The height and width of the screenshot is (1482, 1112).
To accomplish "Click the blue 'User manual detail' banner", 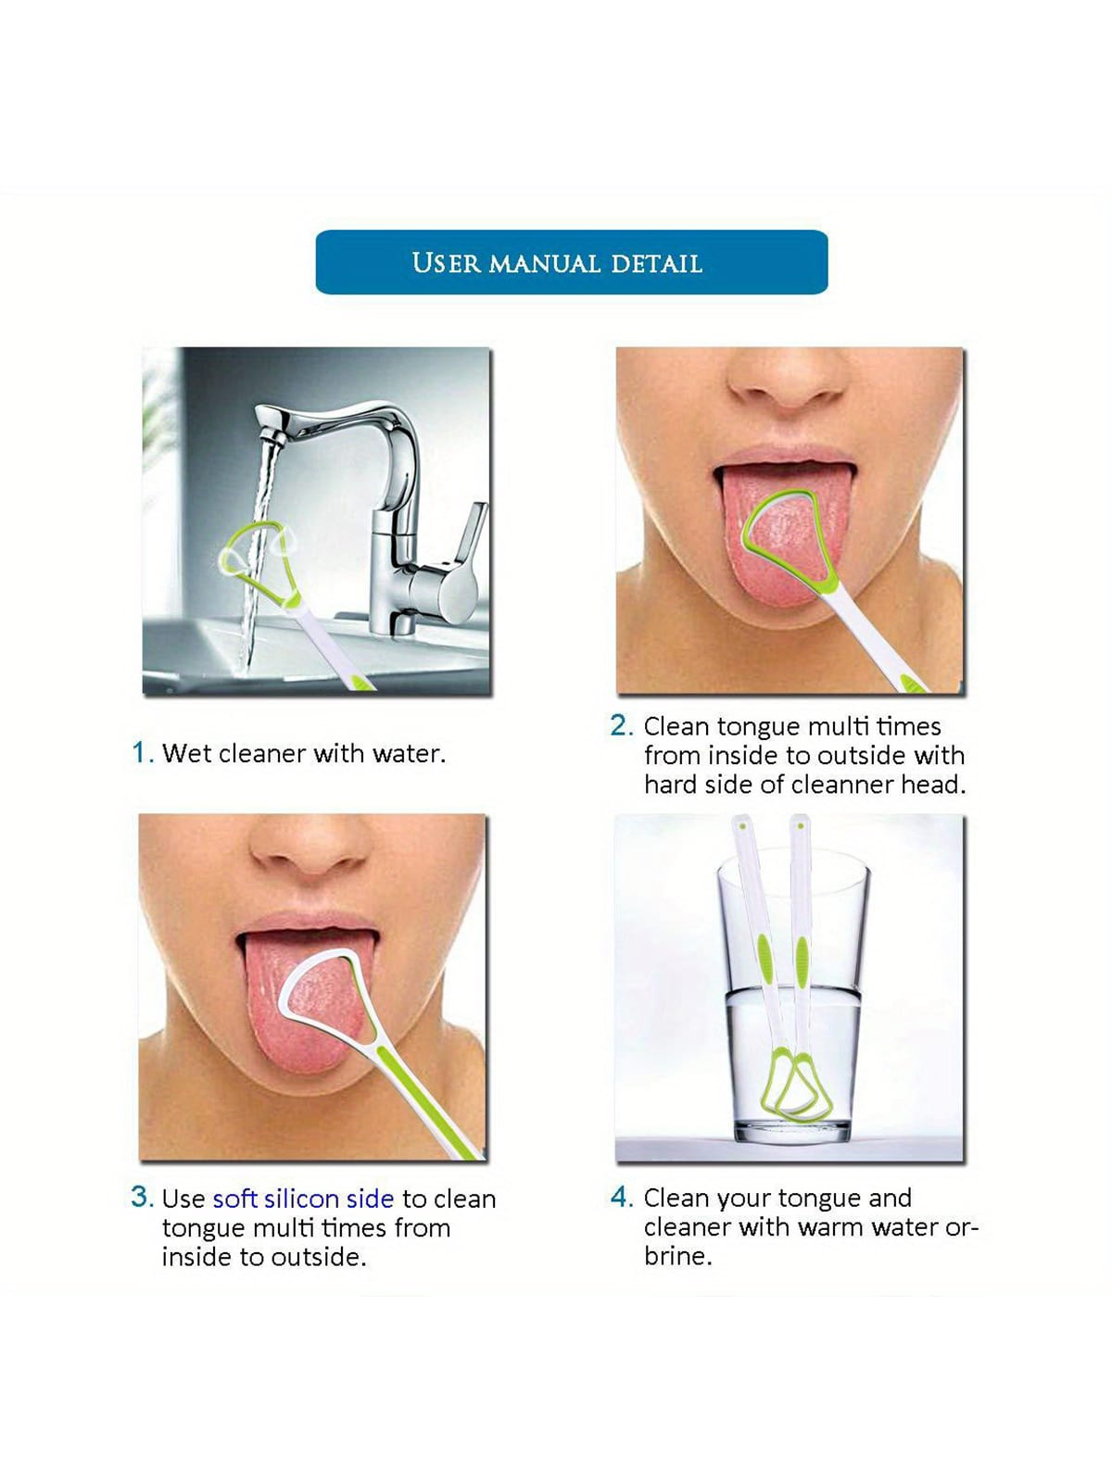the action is coord(571,262).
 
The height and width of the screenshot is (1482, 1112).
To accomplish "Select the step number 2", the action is coord(621,726).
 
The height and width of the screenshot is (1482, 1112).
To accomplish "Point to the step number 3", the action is coord(142,1197).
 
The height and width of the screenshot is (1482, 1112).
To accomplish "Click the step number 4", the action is coord(621,1197).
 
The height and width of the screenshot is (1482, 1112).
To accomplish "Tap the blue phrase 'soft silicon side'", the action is coord(303,1199).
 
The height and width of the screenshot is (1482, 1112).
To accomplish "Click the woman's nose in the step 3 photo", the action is coord(310,844).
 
